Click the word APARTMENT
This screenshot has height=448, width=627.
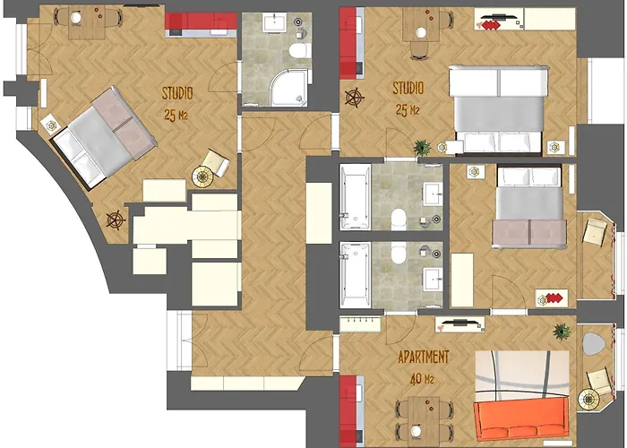[x=424, y=357]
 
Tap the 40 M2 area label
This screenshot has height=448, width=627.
[x=422, y=378]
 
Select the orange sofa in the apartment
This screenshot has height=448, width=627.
[x=521, y=419]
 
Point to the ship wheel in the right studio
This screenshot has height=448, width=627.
[x=355, y=98]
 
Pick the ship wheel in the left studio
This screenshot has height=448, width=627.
[x=116, y=220]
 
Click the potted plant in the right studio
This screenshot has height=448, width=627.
[x=422, y=147]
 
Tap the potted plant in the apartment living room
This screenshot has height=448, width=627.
[x=562, y=332]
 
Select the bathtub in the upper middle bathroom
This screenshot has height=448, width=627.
[x=355, y=197]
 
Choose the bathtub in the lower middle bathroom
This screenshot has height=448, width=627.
[x=355, y=275]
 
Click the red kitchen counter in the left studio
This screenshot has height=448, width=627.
[x=201, y=25]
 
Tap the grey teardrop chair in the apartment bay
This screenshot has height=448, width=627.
[x=593, y=344]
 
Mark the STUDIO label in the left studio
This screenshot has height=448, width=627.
[x=177, y=93]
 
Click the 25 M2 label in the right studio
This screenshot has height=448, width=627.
[x=408, y=110]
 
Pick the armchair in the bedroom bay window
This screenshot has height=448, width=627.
[x=596, y=232]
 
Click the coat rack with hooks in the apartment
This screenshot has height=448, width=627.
[x=360, y=323]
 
